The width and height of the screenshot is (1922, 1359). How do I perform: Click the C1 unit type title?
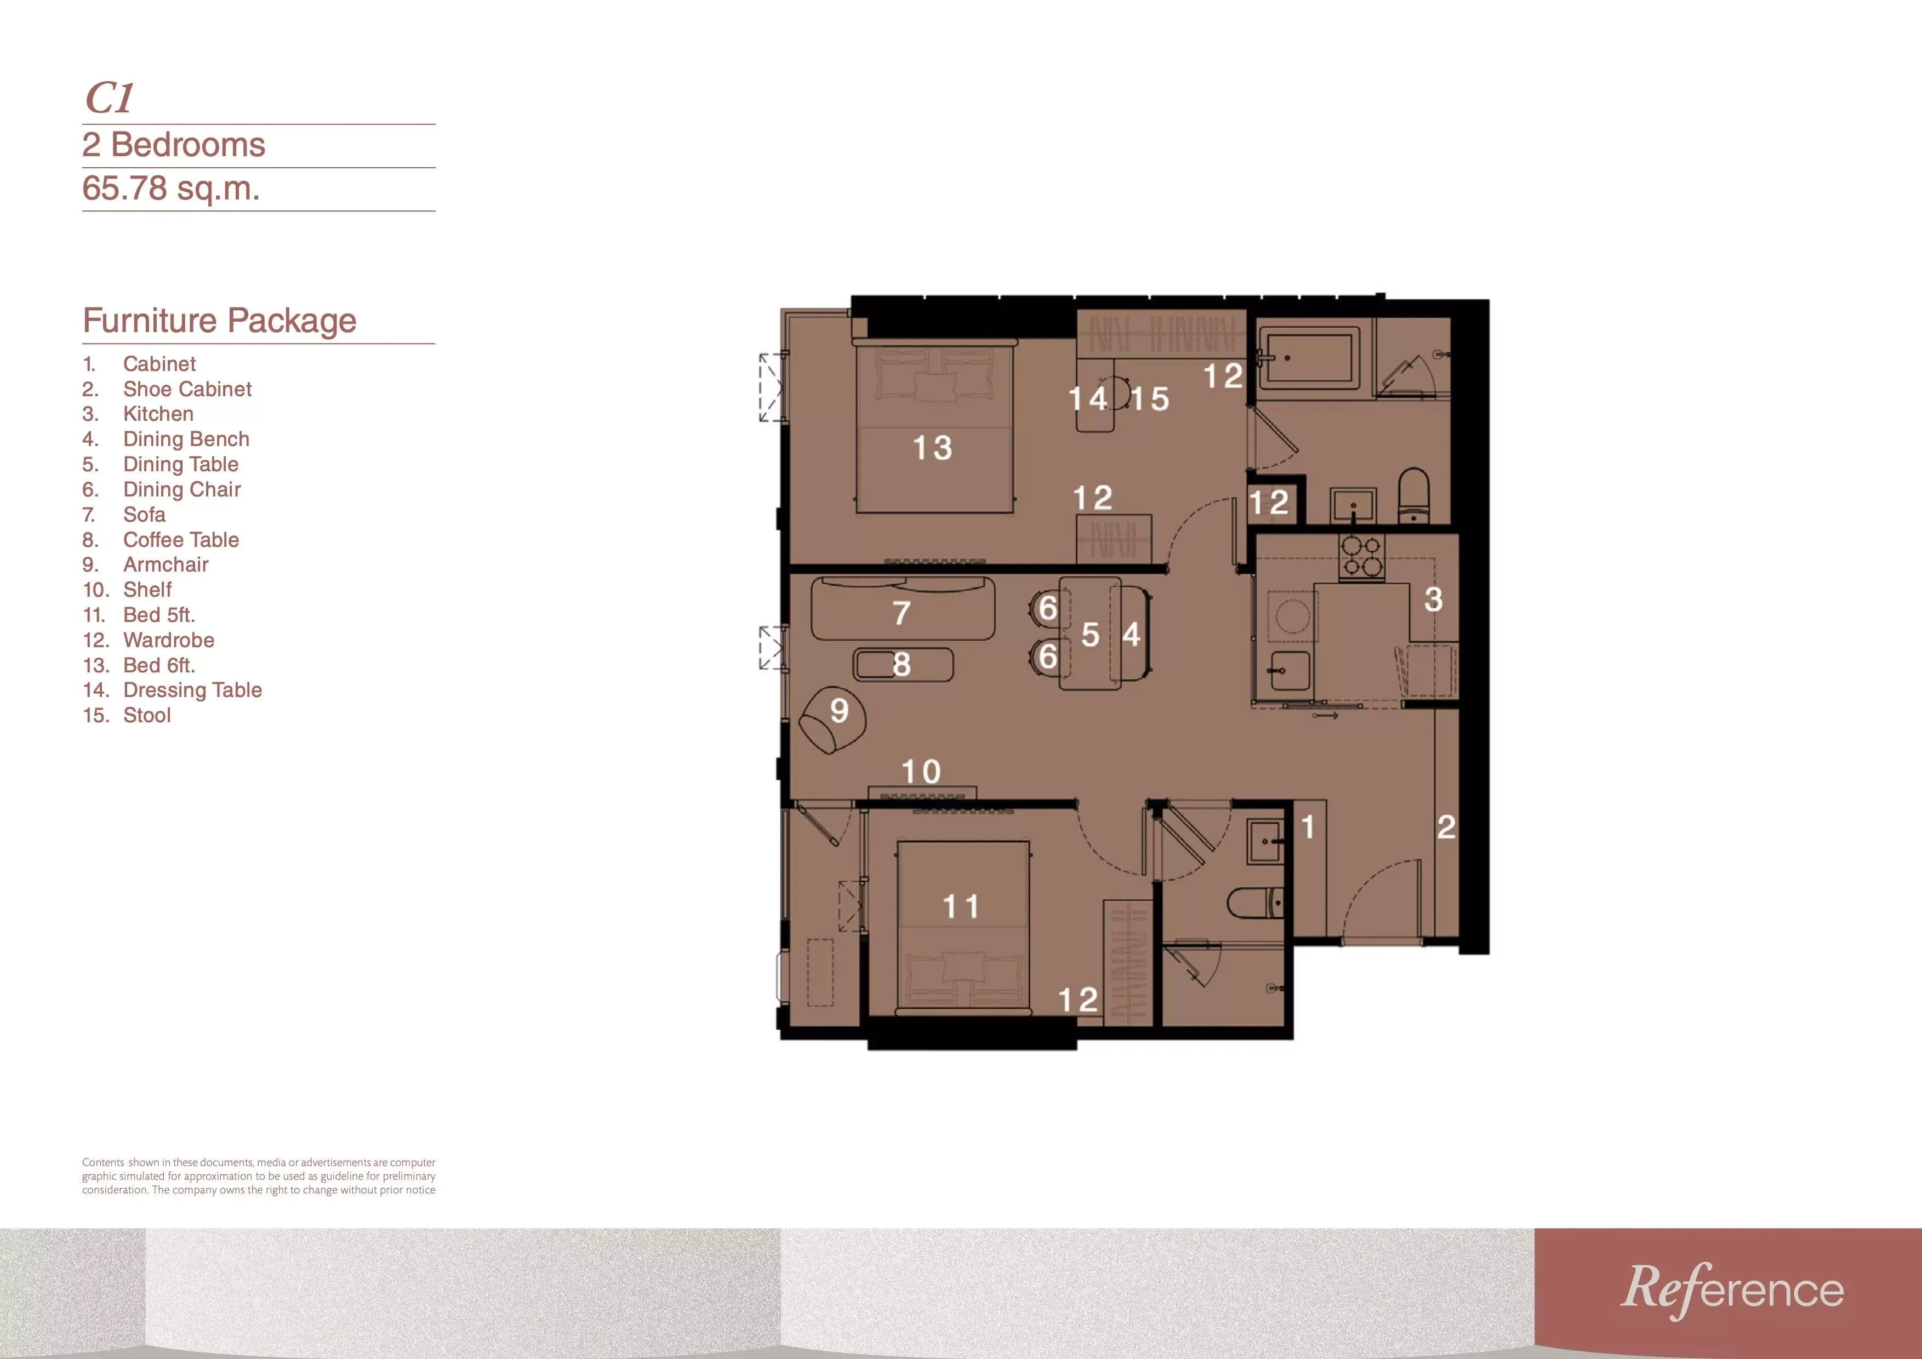pos(110,98)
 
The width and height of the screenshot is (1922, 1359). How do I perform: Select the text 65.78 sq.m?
pos(171,189)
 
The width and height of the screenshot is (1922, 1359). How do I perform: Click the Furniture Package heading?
pos(219,321)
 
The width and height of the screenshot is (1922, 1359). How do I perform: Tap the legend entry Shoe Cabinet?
pos(187,389)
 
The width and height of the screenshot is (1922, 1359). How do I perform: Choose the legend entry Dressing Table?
pos(192,690)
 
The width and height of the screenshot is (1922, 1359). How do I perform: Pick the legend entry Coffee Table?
pos(181,540)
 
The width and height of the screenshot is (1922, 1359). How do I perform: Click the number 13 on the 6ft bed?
pos(933,448)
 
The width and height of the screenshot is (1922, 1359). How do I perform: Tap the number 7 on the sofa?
pos(902,613)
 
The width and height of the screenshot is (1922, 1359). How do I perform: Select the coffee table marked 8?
pos(903,665)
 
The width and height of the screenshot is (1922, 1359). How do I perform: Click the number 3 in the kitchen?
pos(1433,599)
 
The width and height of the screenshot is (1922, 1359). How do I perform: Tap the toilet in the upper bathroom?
pos(1414,495)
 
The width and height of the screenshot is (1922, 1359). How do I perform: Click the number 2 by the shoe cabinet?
pos(1446,827)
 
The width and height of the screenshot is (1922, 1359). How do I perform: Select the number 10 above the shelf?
pos(921,772)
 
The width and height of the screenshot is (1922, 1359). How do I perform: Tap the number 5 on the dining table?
pos(1090,635)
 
